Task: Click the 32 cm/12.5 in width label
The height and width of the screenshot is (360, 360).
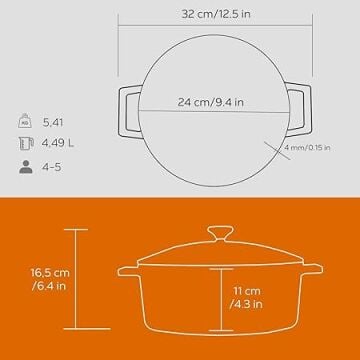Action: click(216, 14)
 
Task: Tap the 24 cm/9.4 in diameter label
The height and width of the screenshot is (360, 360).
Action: click(210, 102)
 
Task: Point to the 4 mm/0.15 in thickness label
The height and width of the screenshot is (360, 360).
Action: click(307, 147)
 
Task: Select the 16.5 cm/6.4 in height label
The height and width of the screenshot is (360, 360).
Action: click(50, 279)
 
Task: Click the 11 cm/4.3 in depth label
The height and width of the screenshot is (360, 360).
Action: click(246, 298)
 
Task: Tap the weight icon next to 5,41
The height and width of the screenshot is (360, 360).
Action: click(25, 121)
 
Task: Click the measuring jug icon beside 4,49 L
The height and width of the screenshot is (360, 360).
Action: click(26, 143)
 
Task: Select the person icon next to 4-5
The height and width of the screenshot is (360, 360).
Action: click(26, 167)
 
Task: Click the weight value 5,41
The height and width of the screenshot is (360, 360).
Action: click(53, 122)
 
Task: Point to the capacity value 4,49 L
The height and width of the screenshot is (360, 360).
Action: click(58, 144)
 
